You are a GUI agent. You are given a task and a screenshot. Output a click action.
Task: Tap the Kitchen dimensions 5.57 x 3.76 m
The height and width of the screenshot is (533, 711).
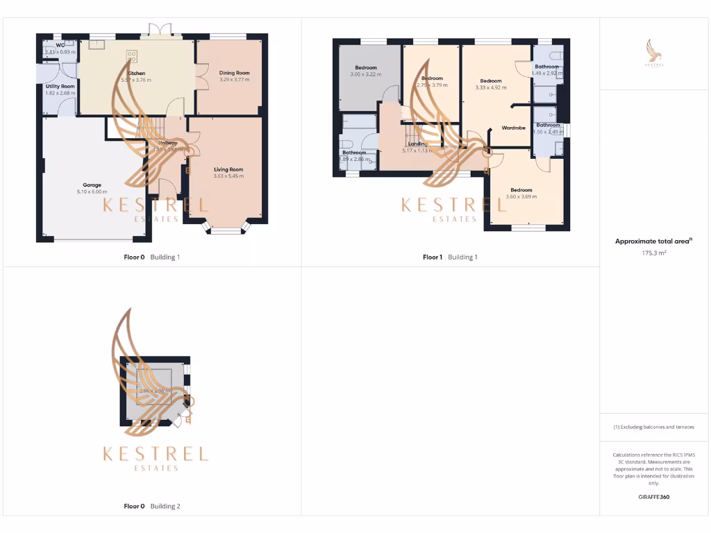pos(136,80)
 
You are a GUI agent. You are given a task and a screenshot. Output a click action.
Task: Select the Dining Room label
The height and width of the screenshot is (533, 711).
pos(234,73)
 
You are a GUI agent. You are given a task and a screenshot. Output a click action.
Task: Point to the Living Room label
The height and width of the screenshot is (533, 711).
pos(228,169)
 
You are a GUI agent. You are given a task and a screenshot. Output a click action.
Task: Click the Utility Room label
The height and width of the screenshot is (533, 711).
pos(60,86)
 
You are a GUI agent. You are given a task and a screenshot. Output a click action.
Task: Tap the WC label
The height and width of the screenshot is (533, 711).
pos(60,45)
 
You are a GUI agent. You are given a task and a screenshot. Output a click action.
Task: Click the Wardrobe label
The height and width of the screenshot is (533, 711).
pos(513,128)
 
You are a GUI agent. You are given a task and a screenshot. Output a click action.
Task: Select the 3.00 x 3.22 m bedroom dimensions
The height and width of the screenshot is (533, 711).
pos(366,74)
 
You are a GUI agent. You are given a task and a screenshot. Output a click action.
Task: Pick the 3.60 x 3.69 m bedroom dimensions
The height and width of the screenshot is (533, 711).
pos(521,196)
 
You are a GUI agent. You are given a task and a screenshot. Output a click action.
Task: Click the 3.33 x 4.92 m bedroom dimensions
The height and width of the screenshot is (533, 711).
pos(490,87)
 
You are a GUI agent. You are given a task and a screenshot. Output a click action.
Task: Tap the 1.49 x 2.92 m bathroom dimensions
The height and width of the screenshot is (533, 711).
pos(547,73)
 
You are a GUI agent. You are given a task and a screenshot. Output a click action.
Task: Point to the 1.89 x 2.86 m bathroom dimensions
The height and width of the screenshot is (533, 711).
pos(353,159)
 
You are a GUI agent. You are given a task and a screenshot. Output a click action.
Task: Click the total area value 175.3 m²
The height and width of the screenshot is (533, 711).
pos(653,254)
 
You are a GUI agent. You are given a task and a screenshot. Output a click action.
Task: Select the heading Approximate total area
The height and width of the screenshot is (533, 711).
pos(653,242)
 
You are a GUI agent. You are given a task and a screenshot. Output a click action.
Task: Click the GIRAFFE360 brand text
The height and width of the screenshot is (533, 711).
pos(653,497)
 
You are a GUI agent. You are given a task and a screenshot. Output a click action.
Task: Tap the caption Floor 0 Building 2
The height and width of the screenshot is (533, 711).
pos(151,507)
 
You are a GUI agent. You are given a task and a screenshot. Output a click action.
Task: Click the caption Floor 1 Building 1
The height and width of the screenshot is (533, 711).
pos(450,257)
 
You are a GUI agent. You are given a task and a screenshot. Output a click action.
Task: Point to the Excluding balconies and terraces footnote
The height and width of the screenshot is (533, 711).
pos(653,428)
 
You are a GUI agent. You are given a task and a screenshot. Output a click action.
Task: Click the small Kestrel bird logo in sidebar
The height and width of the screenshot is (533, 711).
pos(653,52)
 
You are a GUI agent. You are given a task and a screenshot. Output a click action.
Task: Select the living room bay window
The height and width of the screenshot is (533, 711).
pos(224,229)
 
